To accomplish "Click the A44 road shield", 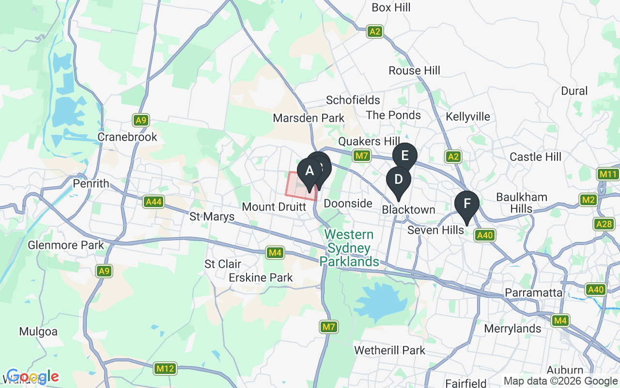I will pos(154,202).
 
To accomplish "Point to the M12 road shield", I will pos(165,369).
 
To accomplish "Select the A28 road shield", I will pos(603,224).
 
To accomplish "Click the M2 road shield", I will pos(589,200).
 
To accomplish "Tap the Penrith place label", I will pos(91,184).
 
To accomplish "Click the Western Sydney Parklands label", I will pos(349,248).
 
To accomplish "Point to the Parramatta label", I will pos(533,293).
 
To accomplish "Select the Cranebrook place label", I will pos(127,137).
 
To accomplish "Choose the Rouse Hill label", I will pos(414,71).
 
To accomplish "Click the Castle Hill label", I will pos(535,157).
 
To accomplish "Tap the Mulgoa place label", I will pos(38,332).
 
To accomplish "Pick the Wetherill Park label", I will pos(389,350).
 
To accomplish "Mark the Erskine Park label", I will pos(261,277).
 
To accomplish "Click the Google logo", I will pos(32,376).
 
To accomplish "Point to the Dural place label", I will pos(574,91).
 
